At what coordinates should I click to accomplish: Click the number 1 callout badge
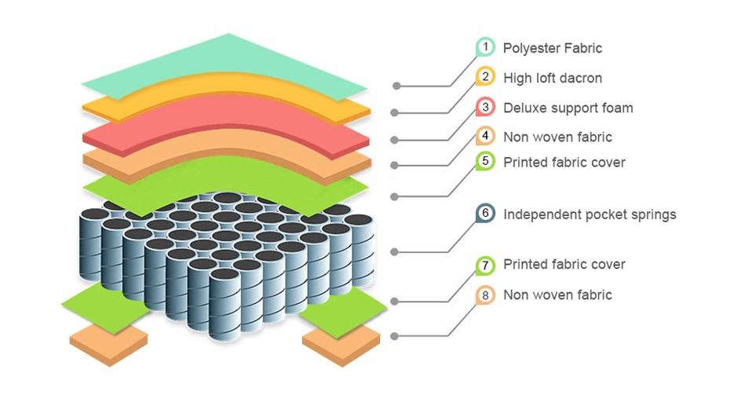pyautogui.click(x=486, y=48)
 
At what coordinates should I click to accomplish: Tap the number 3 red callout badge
pyautogui.click(x=486, y=108)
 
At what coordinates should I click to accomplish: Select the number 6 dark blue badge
pyautogui.click(x=486, y=214)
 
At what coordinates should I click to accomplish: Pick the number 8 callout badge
pyautogui.click(x=486, y=295)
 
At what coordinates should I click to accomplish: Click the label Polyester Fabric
pyautogui.click(x=553, y=48)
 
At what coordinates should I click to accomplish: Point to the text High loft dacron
pyautogui.click(x=553, y=78)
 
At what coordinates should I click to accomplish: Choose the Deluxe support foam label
pyautogui.click(x=568, y=108)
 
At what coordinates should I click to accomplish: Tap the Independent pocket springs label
pyautogui.click(x=590, y=214)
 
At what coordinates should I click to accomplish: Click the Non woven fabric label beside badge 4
pyautogui.click(x=557, y=137)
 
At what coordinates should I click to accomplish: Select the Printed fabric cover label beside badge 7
pyautogui.click(x=564, y=264)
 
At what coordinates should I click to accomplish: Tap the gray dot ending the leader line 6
pyautogui.click(x=396, y=251)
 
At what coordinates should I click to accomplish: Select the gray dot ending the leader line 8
pyautogui.click(x=396, y=335)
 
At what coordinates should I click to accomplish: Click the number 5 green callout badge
pyautogui.click(x=486, y=162)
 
